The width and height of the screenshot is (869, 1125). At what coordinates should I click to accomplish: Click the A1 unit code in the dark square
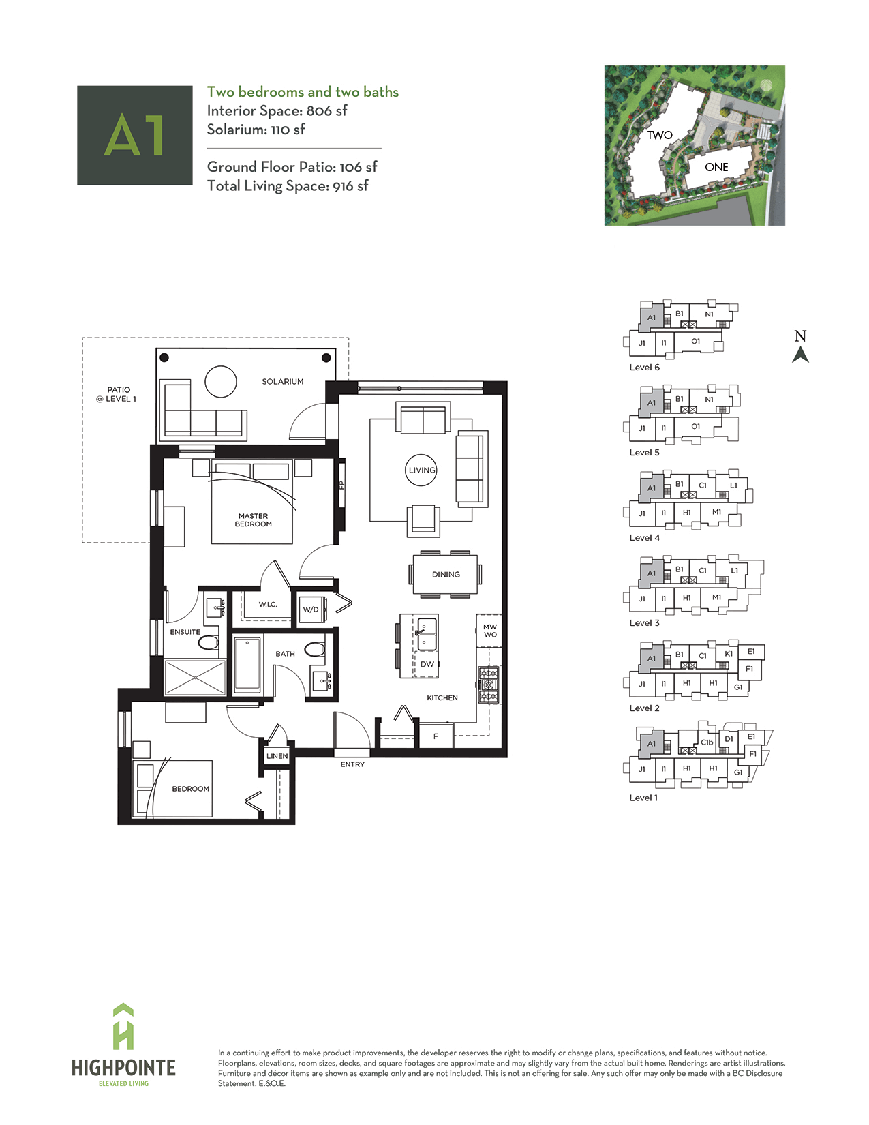coord(134,136)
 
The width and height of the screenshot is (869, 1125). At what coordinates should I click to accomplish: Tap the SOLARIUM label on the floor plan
coord(283,382)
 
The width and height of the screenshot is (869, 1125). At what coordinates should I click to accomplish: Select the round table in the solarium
coord(220,382)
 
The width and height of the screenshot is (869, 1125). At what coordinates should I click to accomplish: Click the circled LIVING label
coord(421,470)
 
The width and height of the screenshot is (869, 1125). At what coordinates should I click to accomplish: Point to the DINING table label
coord(446,575)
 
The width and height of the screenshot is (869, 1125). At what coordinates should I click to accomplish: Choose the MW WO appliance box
coord(489,631)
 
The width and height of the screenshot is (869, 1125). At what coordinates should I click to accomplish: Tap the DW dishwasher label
coord(427,664)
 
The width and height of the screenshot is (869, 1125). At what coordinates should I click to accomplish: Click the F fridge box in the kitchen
coord(436,736)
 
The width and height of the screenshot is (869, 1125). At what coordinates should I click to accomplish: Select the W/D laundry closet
coord(311,610)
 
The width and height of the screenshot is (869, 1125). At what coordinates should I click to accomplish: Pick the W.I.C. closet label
coord(268,605)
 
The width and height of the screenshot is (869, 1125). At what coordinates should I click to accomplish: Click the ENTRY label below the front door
coord(352,764)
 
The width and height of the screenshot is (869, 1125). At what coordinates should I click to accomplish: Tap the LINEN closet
coord(277,756)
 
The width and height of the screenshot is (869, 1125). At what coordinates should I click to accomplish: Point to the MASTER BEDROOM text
coord(253,520)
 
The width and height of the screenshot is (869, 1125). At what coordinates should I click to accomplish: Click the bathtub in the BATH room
coord(247,665)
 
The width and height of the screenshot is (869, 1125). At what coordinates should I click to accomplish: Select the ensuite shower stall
coord(195,677)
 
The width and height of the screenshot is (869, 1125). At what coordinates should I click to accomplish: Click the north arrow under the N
coord(800,355)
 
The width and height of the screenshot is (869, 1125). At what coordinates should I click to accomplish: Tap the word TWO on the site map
coord(660,135)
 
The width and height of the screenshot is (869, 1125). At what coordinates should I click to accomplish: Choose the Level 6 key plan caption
coord(644,367)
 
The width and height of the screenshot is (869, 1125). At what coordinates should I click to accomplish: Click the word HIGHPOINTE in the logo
coord(123,1068)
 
